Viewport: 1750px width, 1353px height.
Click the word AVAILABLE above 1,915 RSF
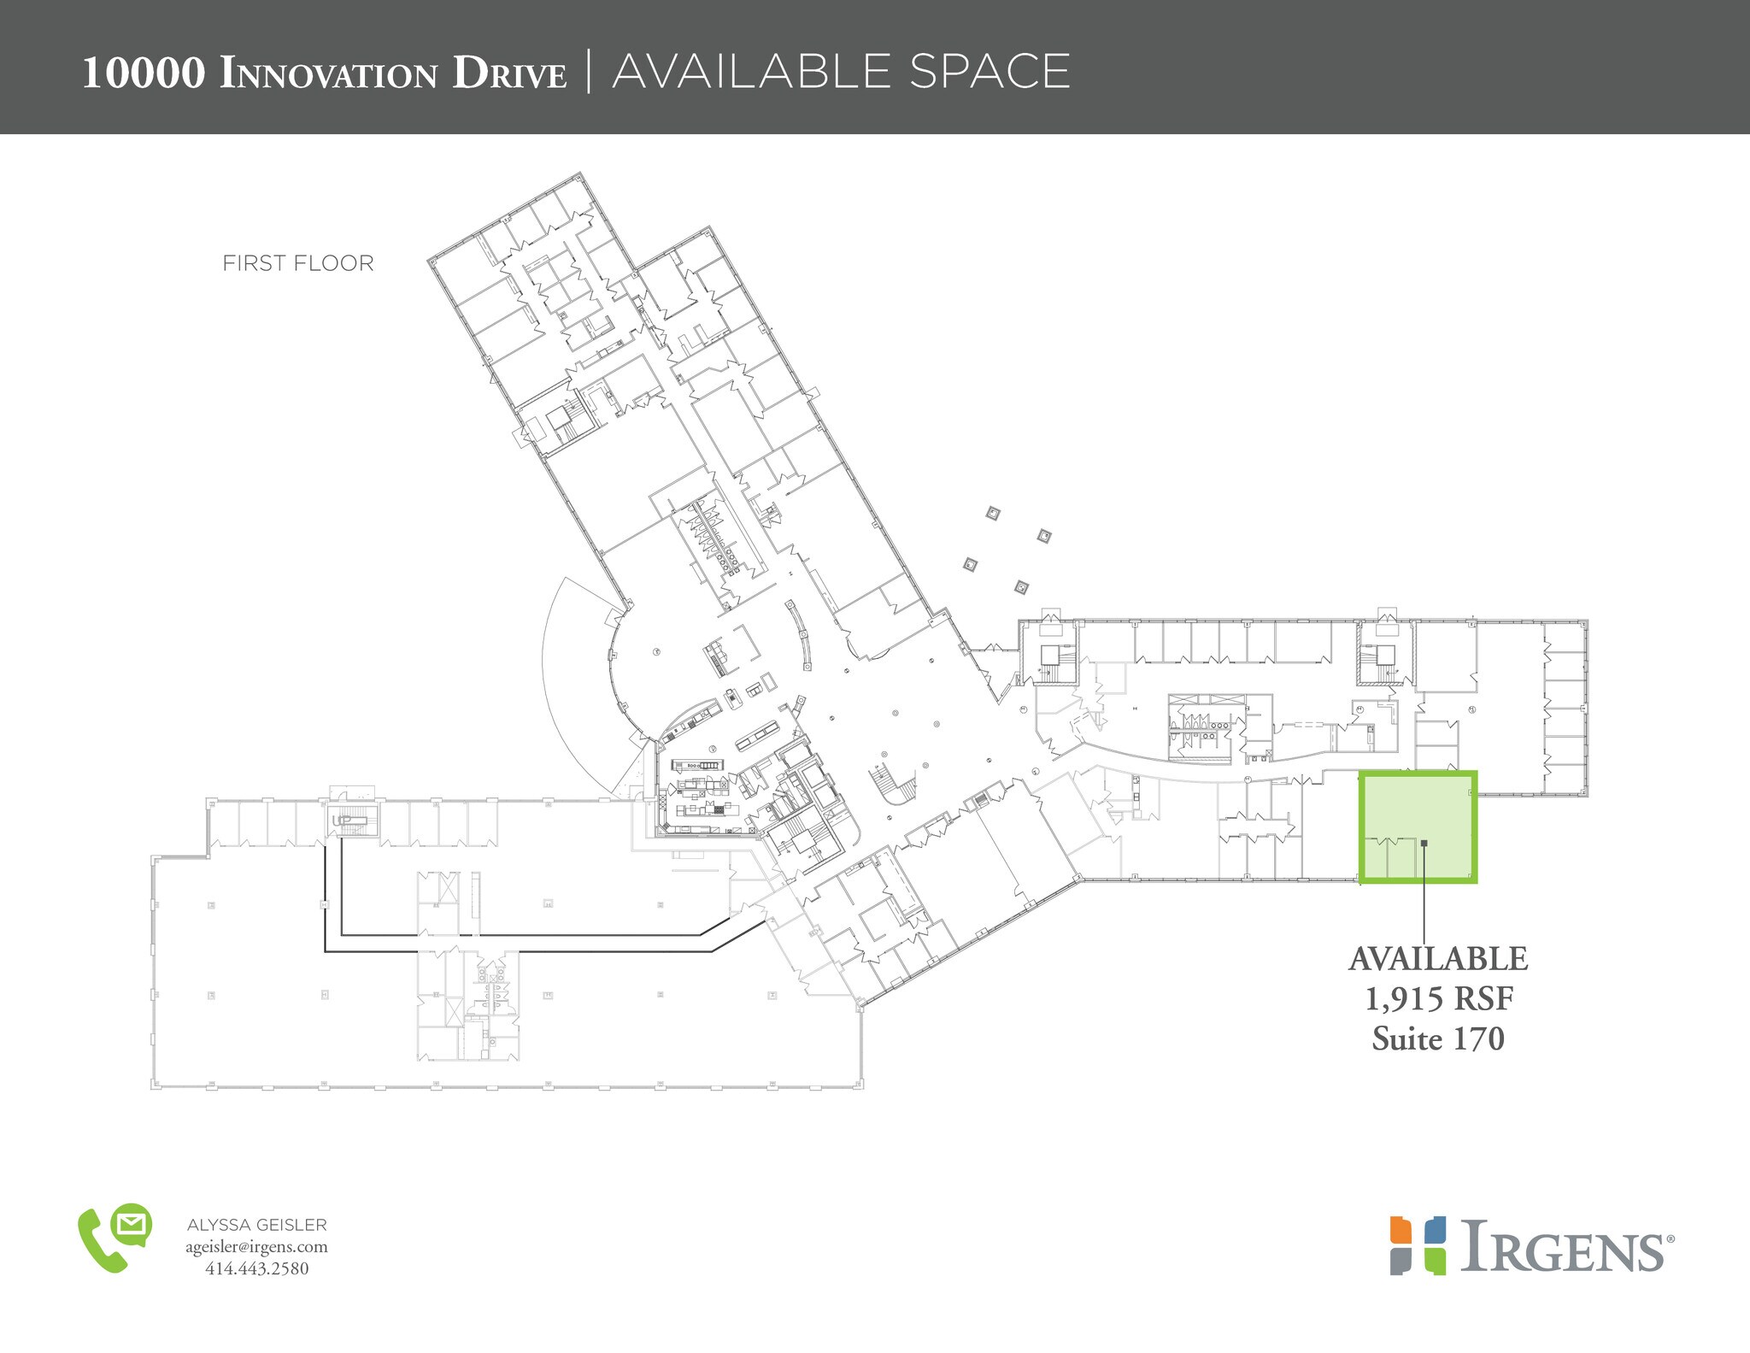pos(1437,959)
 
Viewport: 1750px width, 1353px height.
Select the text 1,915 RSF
pos(1437,999)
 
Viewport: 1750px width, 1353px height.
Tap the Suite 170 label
pos(1437,1038)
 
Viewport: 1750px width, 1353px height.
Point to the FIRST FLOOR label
pos(298,263)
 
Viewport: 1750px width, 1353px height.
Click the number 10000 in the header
pos(144,74)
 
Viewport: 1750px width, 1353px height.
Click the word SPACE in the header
pos(989,71)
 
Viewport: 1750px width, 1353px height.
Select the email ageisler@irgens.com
pos(256,1247)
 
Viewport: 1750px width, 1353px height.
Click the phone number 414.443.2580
pos(256,1268)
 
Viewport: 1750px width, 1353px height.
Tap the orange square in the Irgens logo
pos(1400,1231)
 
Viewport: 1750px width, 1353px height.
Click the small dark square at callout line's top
pos(1424,844)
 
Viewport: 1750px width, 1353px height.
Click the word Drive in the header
pos(509,74)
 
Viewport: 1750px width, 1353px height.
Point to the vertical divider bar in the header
pos(589,71)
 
